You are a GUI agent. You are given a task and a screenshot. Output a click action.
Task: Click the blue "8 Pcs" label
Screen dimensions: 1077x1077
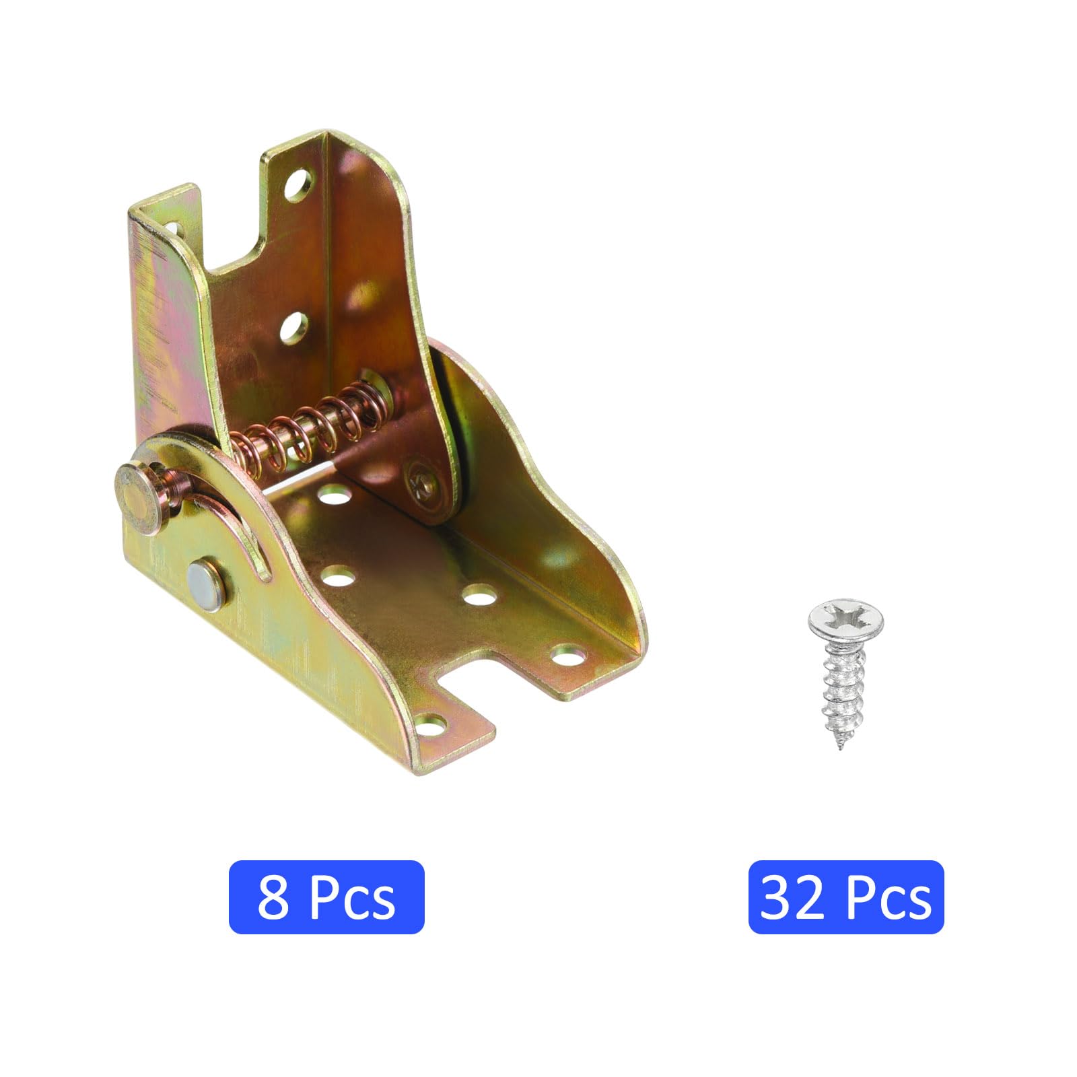(326, 897)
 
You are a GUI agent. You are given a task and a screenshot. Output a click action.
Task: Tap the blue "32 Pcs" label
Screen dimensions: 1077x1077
(846, 897)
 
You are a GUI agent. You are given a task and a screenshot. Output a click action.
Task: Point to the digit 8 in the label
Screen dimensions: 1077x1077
(273, 897)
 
